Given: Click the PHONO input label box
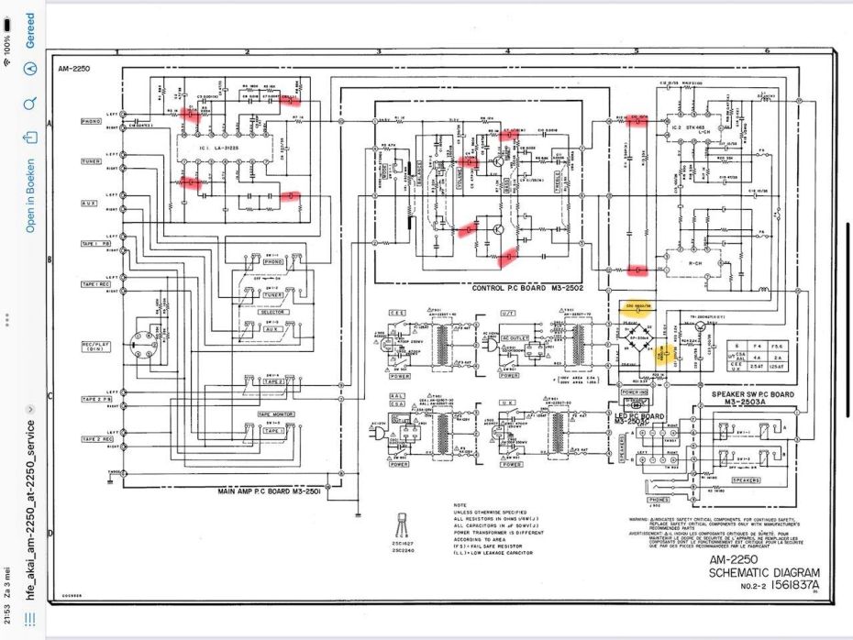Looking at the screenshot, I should point(91,121).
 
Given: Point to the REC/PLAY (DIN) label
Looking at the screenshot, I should point(92,347).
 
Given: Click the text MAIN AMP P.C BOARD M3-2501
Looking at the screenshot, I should point(270,491).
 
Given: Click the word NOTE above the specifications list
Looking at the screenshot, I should point(462,504).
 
